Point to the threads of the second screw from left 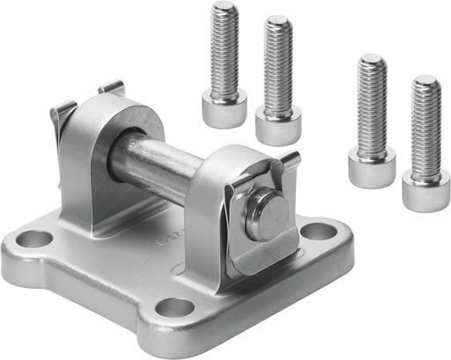(x=278, y=66)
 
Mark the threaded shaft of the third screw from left (x=371, y=106)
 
